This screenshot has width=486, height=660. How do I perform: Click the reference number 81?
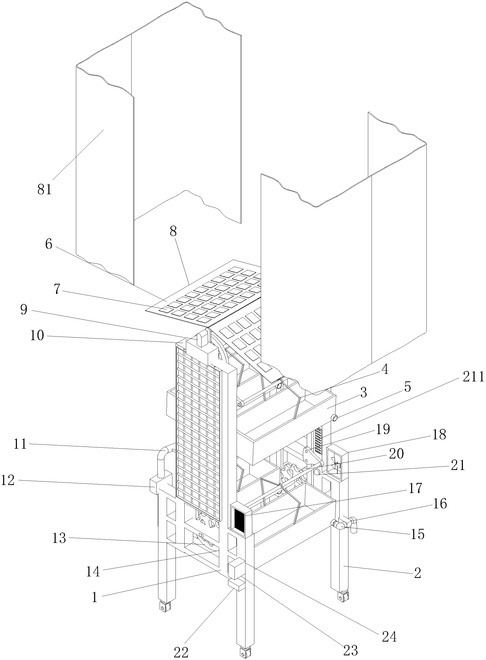45,190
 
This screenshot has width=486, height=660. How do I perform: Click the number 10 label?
37,335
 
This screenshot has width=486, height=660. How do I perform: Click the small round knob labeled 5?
334,417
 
